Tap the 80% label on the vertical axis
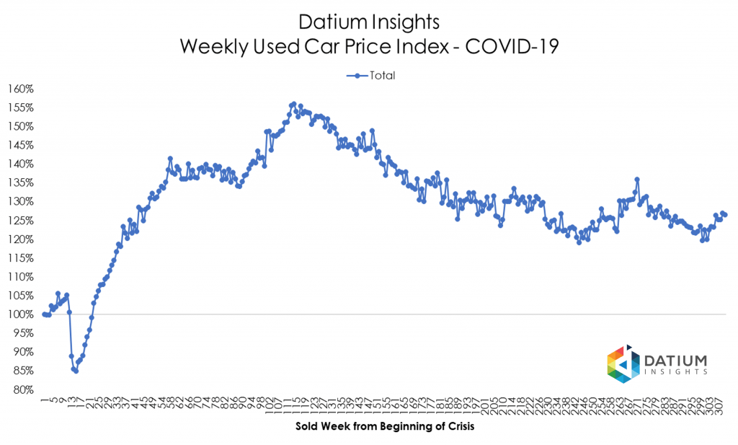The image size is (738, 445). (22, 389)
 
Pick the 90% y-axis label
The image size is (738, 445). (22, 352)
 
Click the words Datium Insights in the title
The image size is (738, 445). (368, 22)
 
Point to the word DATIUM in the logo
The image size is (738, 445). (677, 360)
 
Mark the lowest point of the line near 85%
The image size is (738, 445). (76, 371)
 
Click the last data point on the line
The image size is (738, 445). (725, 215)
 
